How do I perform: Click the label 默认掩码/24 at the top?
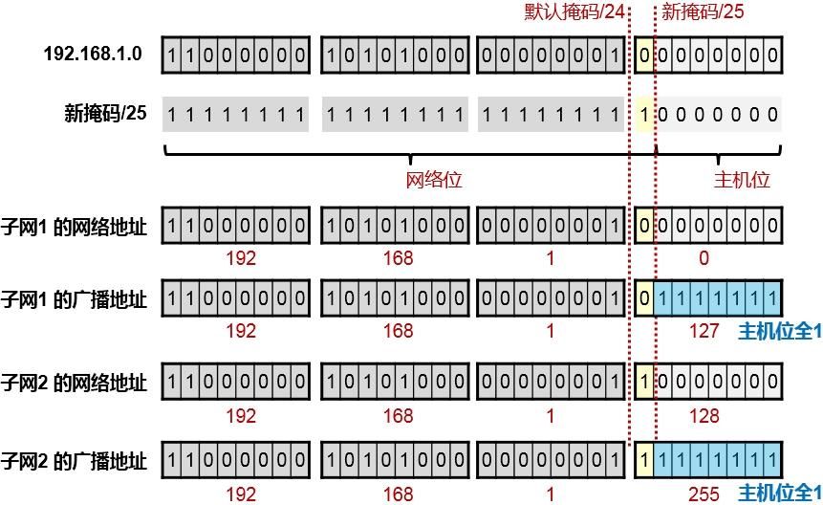click(x=574, y=11)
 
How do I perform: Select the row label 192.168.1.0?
click(x=93, y=55)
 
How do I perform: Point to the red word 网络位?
click(x=435, y=180)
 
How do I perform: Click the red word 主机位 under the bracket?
click(x=743, y=180)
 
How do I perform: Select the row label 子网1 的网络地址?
click(x=75, y=228)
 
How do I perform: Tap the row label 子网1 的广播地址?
click(x=75, y=299)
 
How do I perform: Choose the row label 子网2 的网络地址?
click(x=75, y=384)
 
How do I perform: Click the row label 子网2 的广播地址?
click(x=75, y=462)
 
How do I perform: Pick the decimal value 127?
click(x=704, y=331)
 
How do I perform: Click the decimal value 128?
click(x=704, y=415)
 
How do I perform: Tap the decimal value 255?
click(x=704, y=494)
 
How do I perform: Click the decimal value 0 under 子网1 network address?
click(x=704, y=258)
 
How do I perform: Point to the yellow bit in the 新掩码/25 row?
click(x=645, y=115)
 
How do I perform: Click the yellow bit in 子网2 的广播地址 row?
click(x=645, y=462)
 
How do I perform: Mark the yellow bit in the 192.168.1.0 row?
click(x=645, y=55)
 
